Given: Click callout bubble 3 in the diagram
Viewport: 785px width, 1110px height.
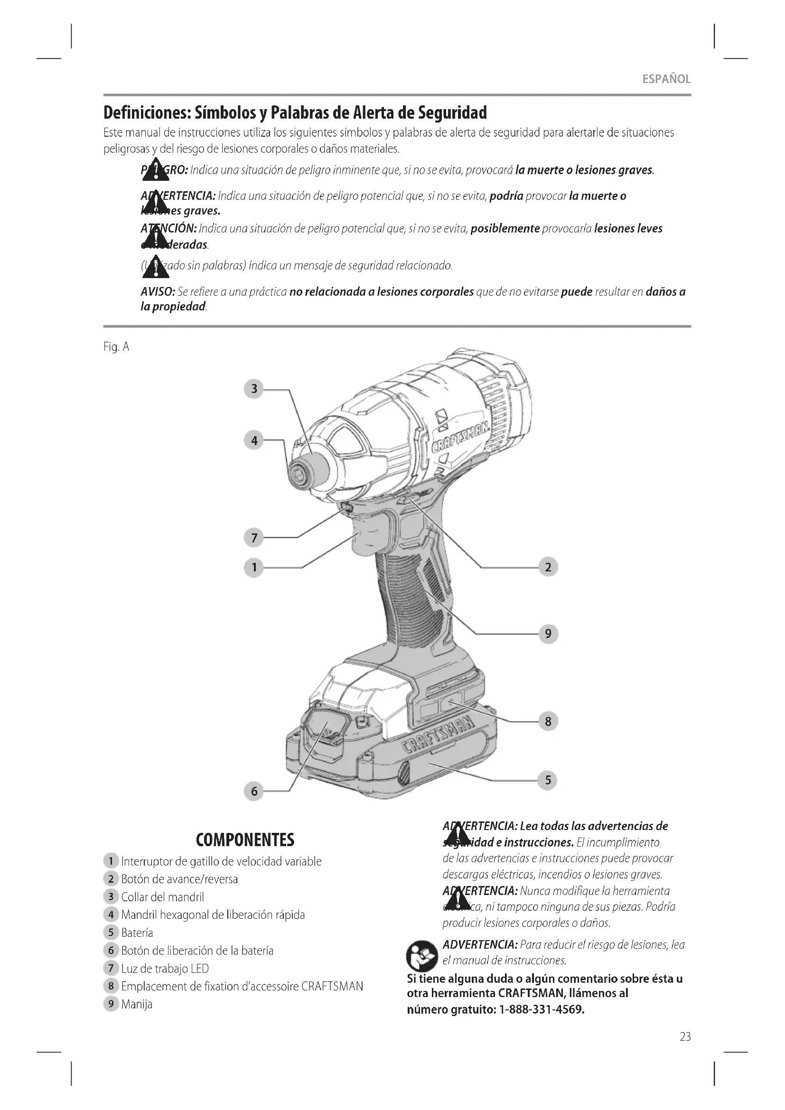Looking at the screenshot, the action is (x=254, y=389).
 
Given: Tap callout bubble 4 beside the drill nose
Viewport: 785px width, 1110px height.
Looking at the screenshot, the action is (x=254, y=440).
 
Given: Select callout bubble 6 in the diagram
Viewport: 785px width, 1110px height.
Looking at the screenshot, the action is (x=254, y=791).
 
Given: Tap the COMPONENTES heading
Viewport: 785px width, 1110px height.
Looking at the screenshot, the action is (x=245, y=840).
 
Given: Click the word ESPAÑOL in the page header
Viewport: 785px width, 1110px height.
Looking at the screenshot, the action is (x=666, y=79).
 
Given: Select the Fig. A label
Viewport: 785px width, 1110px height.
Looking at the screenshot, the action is (x=116, y=347).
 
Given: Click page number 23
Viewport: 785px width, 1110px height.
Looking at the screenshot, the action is (x=685, y=1036).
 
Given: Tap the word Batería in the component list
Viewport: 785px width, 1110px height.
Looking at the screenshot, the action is (x=137, y=933).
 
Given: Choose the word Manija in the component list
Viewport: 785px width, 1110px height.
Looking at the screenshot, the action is (x=137, y=1004).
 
